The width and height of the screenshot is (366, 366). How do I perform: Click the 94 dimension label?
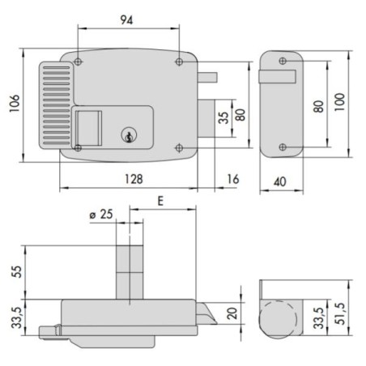pos(126,19)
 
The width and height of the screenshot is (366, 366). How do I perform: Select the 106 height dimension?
pos(15,104)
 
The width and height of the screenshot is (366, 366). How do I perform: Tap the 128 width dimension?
pos(134,179)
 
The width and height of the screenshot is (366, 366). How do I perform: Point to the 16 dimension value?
pos(233,179)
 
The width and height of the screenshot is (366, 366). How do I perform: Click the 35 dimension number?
pos(223,117)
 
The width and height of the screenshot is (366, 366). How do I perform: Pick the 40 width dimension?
pos(280,181)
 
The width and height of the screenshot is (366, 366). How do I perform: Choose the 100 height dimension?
pos(339,102)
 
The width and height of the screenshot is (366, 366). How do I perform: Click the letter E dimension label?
pos(160,201)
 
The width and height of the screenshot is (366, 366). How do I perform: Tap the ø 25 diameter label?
pos(101,215)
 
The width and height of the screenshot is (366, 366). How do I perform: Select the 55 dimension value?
pos(16,271)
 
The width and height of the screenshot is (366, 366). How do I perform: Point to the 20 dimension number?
pos(232,313)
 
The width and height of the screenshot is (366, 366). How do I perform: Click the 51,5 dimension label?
pos(341,313)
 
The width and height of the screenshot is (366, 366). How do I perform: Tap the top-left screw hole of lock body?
pos(78,62)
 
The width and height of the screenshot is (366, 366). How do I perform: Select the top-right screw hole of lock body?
pos(179,62)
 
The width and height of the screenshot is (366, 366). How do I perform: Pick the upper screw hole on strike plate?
pos(283,61)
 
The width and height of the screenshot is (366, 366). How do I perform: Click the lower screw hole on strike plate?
pos(283,147)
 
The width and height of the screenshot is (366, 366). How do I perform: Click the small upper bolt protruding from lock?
pos(207,78)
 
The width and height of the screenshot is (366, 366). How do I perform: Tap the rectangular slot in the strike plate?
pos(278,77)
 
